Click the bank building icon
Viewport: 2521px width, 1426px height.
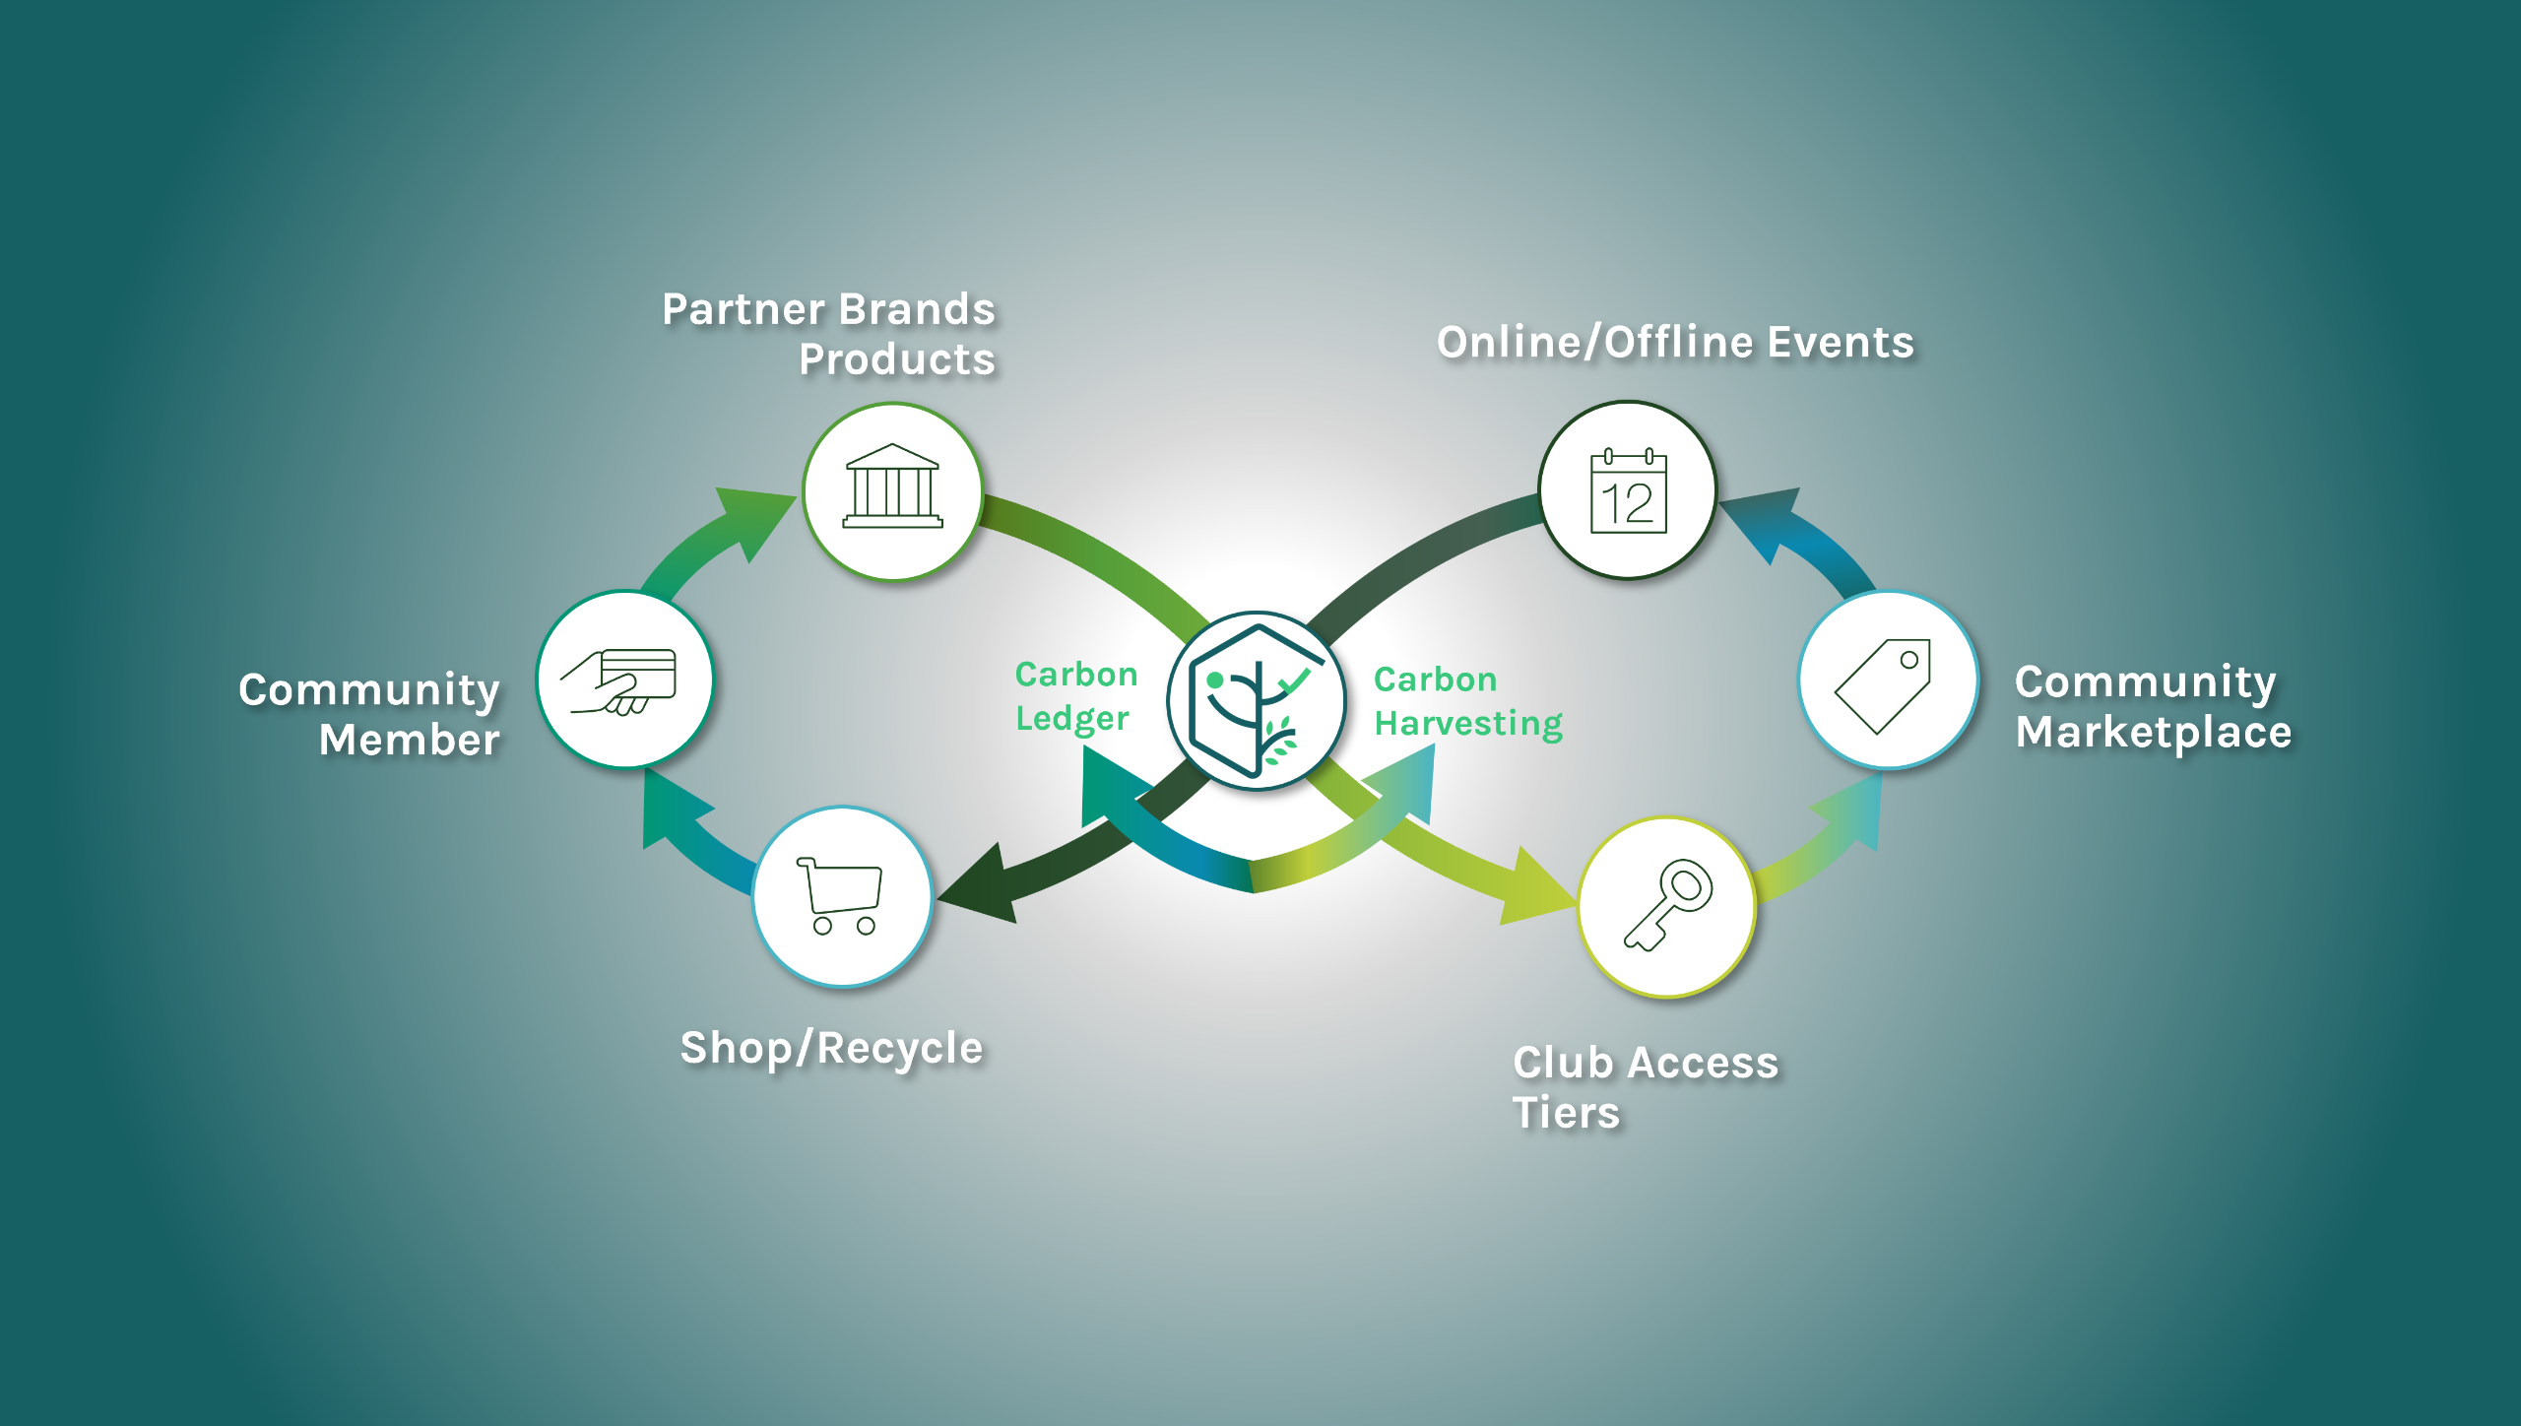pyautogui.click(x=892, y=487)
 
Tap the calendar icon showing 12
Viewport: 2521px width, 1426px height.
pyautogui.click(x=1628, y=491)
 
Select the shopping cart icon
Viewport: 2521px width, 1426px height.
pyautogui.click(x=840, y=895)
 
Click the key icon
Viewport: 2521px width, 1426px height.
pyautogui.click(x=1667, y=905)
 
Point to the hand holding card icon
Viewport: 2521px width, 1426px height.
pyautogui.click(x=620, y=681)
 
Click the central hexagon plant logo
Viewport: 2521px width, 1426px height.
pyautogui.click(x=1256, y=700)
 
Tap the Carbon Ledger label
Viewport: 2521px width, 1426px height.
pyautogui.click(x=1075, y=696)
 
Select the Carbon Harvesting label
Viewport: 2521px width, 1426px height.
pyautogui.click(x=1467, y=701)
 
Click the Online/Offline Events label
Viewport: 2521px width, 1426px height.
pyautogui.click(x=1674, y=342)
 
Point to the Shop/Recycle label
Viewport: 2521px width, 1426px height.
pyautogui.click(x=831, y=1047)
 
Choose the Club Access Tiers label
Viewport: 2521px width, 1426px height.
pyautogui.click(x=1645, y=1087)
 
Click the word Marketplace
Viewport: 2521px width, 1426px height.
pyautogui.click(x=2153, y=732)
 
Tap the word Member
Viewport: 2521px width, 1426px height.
pyautogui.click(x=409, y=740)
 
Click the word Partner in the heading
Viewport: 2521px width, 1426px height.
pyautogui.click(x=743, y=309)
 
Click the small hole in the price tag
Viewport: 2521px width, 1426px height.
pyautogui.click(x=1908, y=660)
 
